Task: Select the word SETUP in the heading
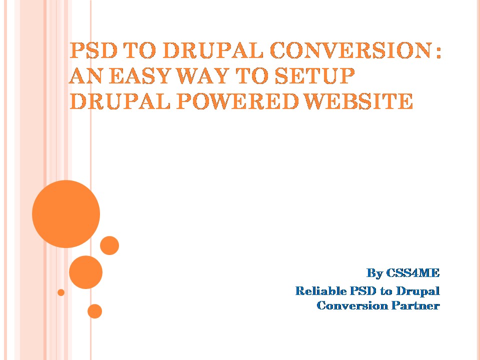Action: click(x=314, y=76)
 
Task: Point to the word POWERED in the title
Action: click(x=237, y=101)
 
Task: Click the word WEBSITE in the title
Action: click(x=359, y=101)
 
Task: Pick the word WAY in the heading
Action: click(x=202, y=76)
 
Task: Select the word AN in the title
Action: click(x=85, y=76)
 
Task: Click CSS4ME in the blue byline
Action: click(x=412, y=272)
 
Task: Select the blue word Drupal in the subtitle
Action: click(x=418, y=291)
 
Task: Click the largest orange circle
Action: click(x=66, y=214)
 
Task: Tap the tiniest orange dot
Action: click(x=61, y=292)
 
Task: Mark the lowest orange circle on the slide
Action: click(x=94, y=311)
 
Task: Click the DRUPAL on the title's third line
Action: click(x=119, y=101)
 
